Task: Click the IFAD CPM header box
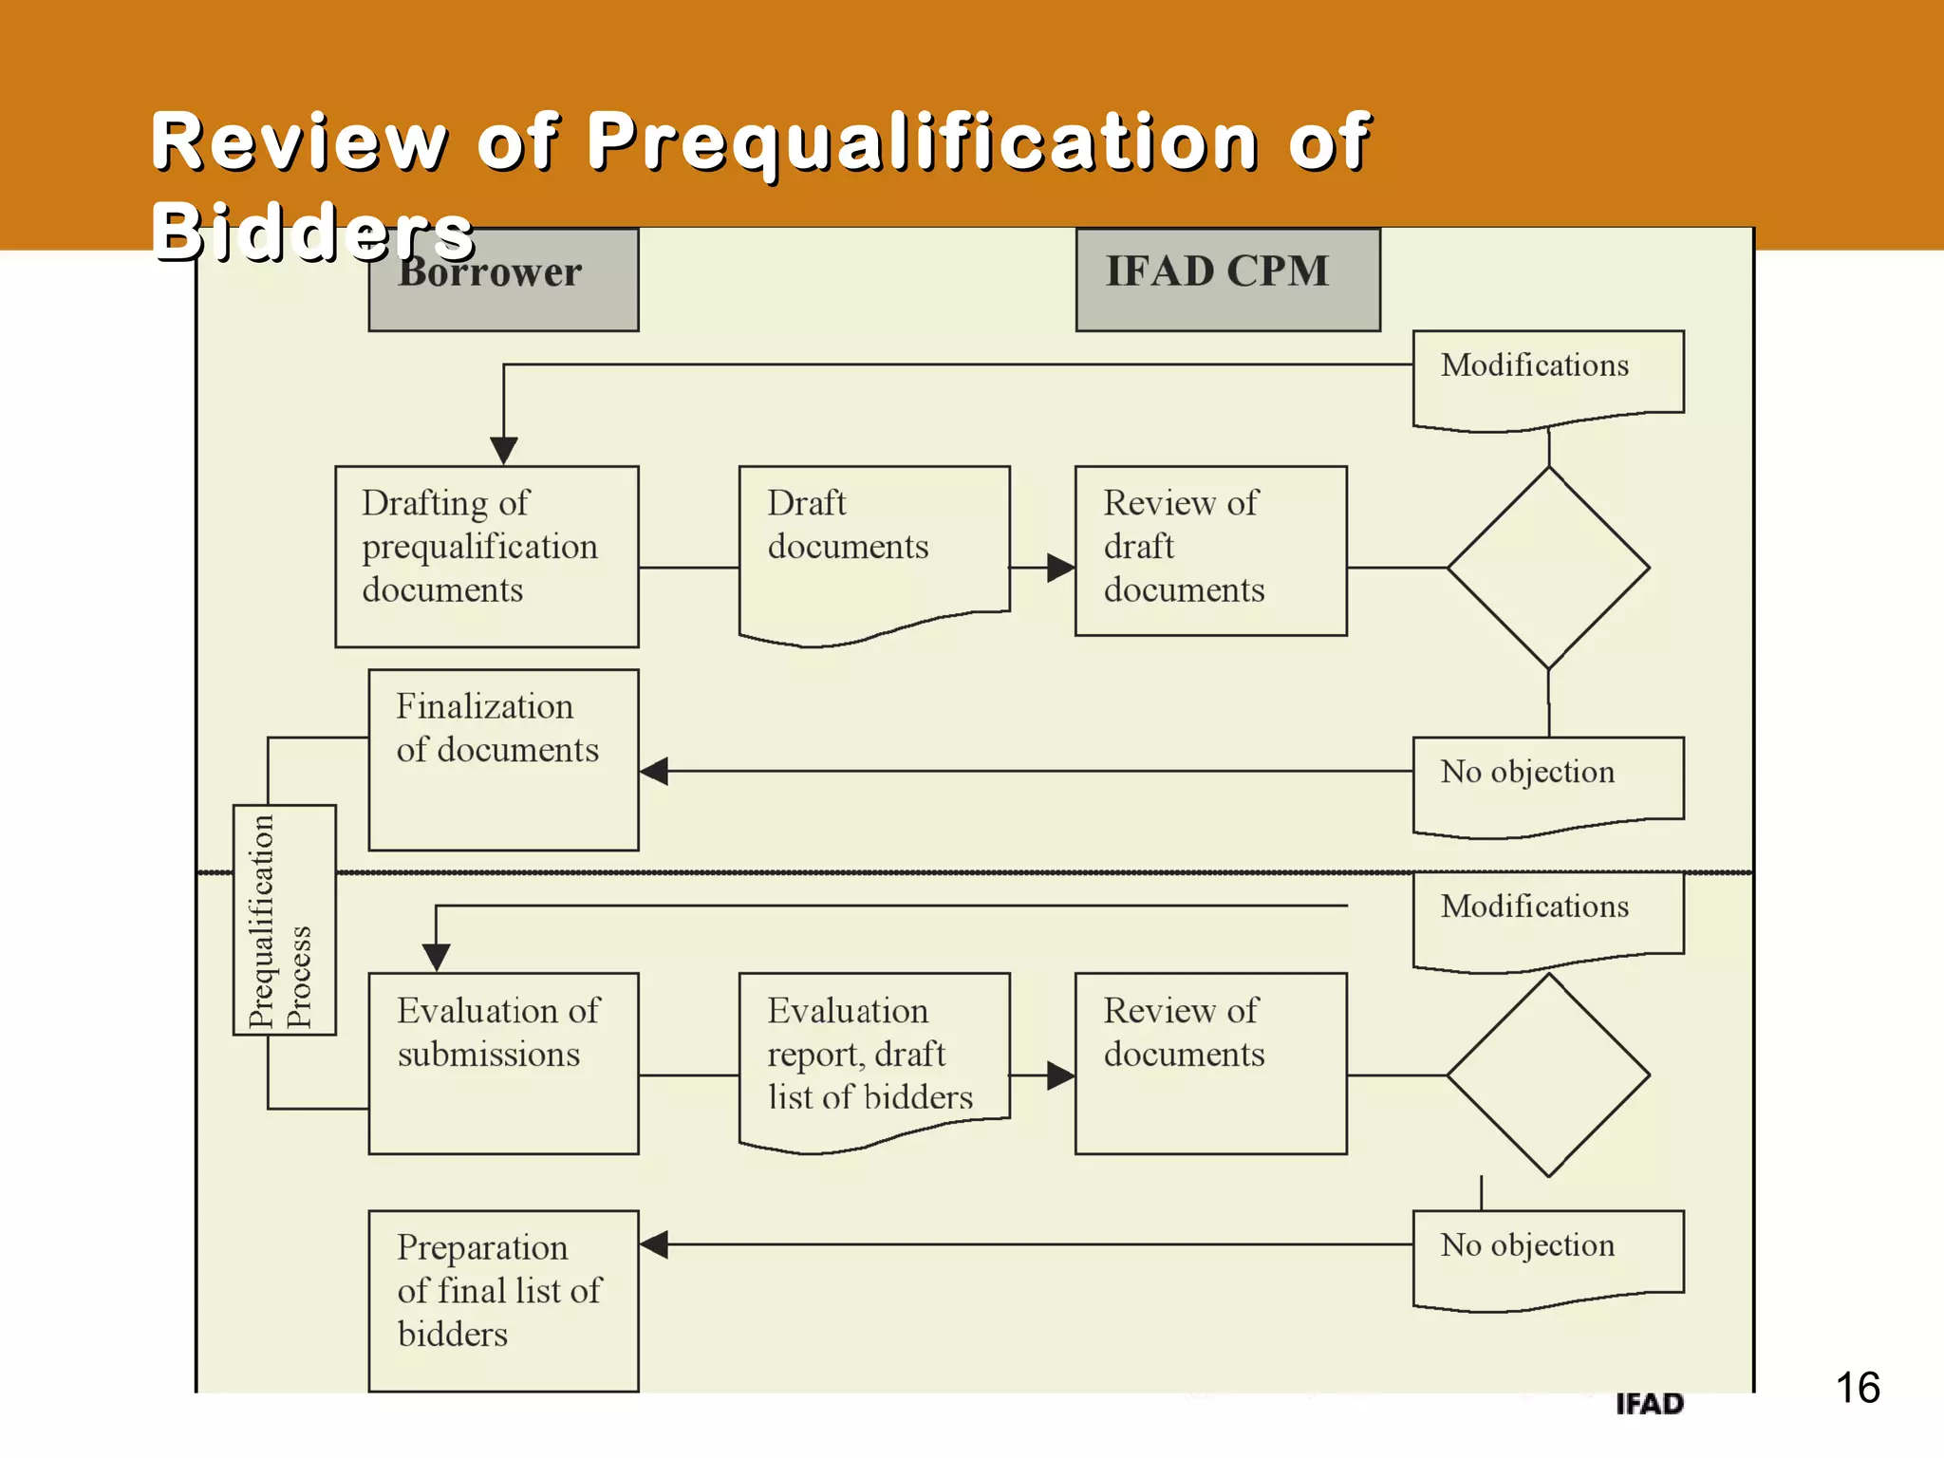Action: pos(1227,278)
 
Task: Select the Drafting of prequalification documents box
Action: pos(486,556)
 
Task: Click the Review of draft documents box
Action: pos(1210,551)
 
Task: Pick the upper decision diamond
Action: pos(1548,568)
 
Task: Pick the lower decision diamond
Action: pos(1548,1075)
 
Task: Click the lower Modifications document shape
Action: pos(1548,917)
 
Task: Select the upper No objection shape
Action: pos(1548,783)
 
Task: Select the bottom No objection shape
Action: pos(1548,1257)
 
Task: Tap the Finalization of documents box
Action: pos(503,759)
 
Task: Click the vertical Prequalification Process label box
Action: pos(284,919)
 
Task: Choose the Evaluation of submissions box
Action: pos(503,1063)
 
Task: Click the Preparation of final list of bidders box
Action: pos(503,1300)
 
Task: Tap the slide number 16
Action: pos(1857,1388)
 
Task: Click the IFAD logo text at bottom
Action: pos(1649,1403)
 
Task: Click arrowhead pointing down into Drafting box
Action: pos(503,450)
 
